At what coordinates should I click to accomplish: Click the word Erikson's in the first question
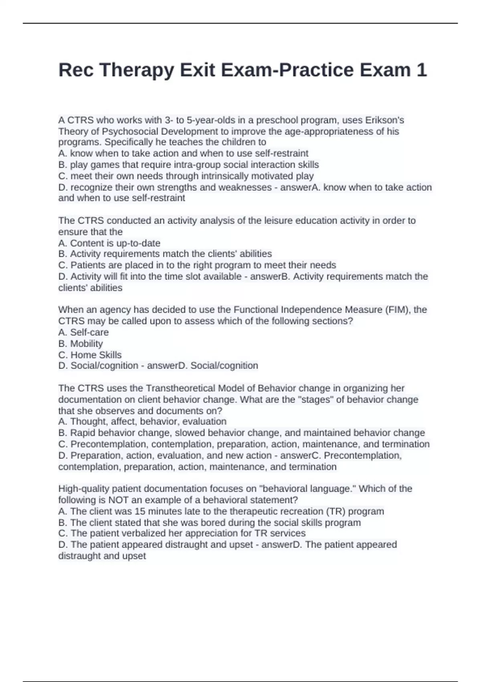(384, 120)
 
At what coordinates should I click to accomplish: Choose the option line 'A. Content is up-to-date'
(109, 243)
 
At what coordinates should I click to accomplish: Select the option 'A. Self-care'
(83, 333)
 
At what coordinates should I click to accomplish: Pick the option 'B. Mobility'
(81, 344)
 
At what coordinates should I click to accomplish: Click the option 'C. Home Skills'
(90, 355)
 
